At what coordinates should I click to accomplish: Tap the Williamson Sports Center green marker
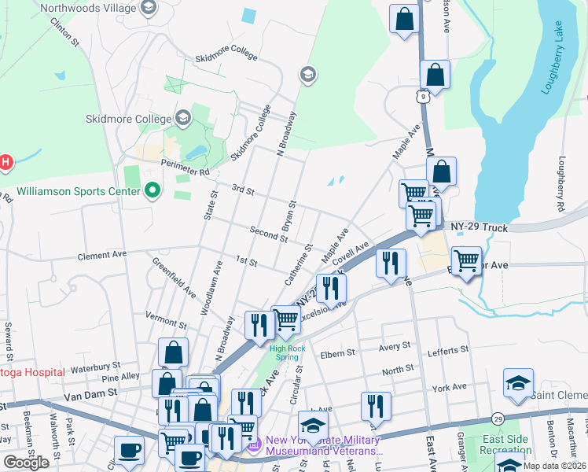click(153, 190)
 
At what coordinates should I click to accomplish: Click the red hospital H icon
click(5, 163)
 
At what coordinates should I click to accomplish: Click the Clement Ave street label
click(101, 255)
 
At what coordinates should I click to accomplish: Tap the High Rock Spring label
click(284, 352)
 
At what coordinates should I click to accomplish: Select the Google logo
click(26, 463)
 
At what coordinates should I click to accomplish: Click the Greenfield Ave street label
click(174, 278)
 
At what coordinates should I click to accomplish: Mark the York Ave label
click(449, 388)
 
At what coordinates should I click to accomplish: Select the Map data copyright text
click(554, 466)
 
